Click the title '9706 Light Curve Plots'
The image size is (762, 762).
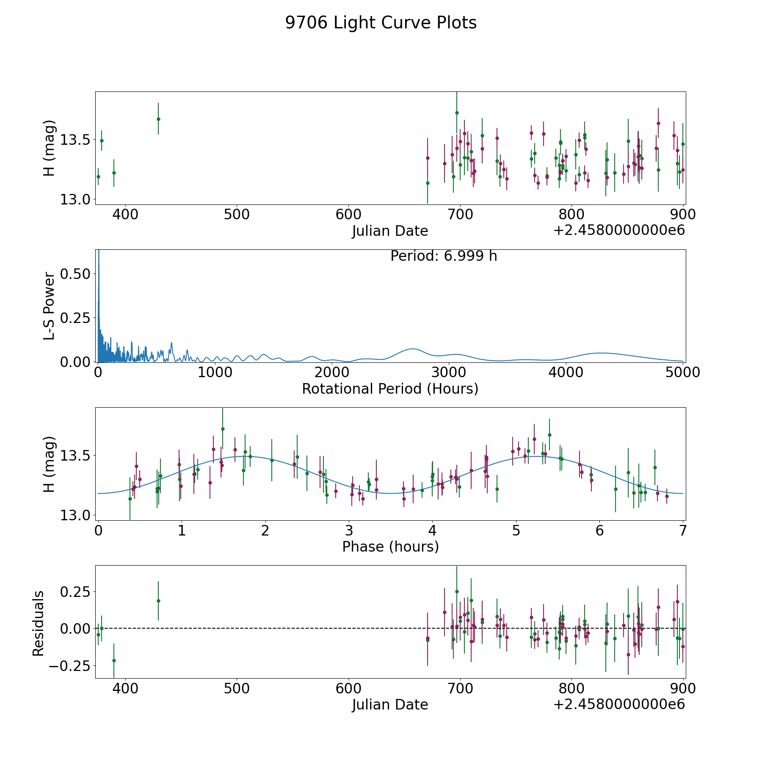pyautogui.click(x=381, y=23)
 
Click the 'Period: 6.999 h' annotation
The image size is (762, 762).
pyautogui.click(x=444, y=256)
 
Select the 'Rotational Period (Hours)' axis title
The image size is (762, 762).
pyautogui.click(x=390, y=389)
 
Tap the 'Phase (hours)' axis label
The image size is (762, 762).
pyautogui.click(x=390, y=547)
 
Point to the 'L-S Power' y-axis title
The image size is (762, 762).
pyautogui.click(x=49, y=306)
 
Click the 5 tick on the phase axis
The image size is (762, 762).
pyautogui.click(x=516, y=530)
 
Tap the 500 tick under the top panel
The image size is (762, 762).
pyautogui.click(x=236, y=215)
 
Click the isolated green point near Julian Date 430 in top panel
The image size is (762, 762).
pyautogui.click(x=158, y=119)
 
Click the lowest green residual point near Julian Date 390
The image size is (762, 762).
pyautogui.click(x=114, y=660)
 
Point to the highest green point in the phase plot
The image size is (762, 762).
pyautogui.click(x=223, y=429)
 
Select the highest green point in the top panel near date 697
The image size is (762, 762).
pyautogui.click(x=457, y=113)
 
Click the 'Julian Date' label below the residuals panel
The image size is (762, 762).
pyautogui.click(x=390, y=705)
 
